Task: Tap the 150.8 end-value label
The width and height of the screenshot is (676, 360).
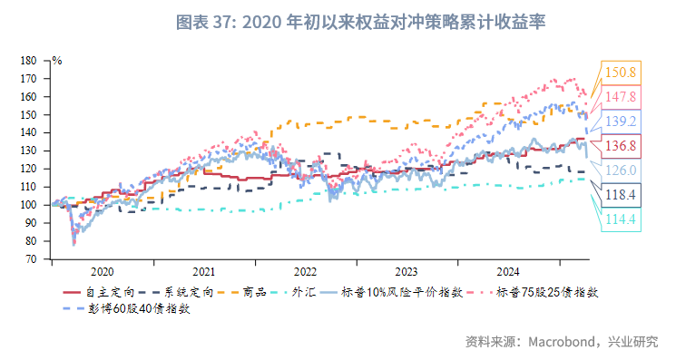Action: coord(620,72)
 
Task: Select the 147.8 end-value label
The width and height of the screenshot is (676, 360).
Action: coord(620,96)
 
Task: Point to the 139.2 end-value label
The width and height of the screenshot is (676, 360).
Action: coord(620,121)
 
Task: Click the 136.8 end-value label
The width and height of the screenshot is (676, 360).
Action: coord(620,145)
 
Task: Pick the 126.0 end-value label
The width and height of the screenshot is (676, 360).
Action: coord(620,170)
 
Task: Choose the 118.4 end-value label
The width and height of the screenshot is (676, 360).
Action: coord(620,194)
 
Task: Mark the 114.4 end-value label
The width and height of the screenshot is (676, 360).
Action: coord(620,219)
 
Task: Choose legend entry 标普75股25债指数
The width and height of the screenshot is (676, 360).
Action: coord(548,292)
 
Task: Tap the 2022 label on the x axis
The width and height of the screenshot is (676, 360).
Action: coord(305,271)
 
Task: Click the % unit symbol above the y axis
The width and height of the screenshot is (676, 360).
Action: coord(56,61)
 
